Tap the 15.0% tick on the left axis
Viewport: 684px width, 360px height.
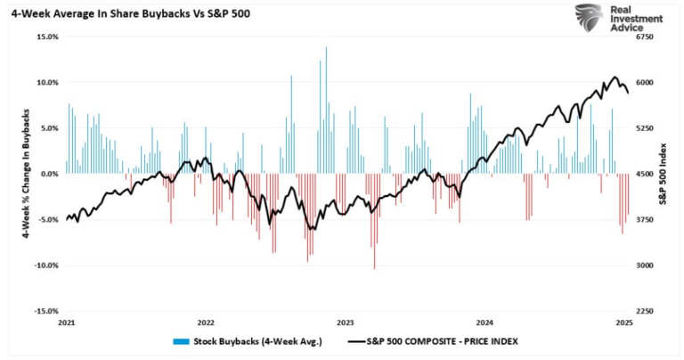(x=46, y=37)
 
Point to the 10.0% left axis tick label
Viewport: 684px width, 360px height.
(x=46, y=82)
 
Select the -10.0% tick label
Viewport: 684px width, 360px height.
(x=45, y=266)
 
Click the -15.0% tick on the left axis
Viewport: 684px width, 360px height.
(x=45, y=311)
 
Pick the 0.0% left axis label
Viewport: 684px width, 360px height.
(x=48, y=174)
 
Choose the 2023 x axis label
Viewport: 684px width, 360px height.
(x=346, y=322)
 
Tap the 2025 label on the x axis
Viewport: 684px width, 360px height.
(x=624, y=322)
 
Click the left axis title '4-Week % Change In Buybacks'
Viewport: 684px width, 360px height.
(x=17, y=174)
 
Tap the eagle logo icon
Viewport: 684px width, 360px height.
(x=587, y=19)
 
